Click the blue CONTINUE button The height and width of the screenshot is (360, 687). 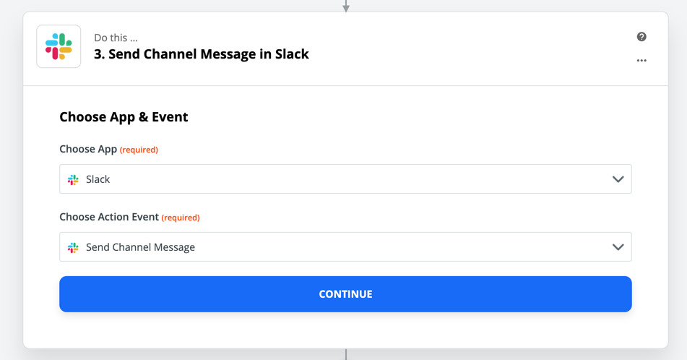(x=345, y=294)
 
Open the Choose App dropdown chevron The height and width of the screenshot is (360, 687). (x=618, y=179)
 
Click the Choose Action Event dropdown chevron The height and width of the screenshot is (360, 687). (x=618, y=247)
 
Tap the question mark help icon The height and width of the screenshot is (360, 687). (x=641, y=37)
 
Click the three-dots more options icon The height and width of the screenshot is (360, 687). (x=641, y=61)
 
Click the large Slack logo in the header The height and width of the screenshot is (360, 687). (x=59, y=46)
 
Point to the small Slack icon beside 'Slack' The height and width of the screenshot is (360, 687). (x=73, y=179)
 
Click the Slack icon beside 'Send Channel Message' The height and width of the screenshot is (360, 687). (x=73, y=247)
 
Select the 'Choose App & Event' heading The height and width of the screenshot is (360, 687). (x=124, y=117)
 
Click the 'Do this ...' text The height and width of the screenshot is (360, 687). (x=116, y=38)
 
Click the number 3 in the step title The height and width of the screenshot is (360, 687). (x=98, y=54)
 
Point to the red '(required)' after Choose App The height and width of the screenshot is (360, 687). (x=139, y=150)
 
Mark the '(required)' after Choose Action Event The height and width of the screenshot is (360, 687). (x=181, y=218)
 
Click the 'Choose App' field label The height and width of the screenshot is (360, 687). (x=88, y=149)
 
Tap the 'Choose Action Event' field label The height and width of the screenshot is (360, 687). (x=109, y=217)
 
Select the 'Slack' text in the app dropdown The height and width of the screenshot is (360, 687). (x=98, y=179)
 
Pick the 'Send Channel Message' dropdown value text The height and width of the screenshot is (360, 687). (x=140, y=247)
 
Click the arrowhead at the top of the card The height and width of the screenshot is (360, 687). (x=346, y=7)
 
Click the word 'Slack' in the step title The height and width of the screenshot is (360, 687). (x=292, y=54)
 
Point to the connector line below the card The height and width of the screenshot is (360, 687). (x=346, y=354)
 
